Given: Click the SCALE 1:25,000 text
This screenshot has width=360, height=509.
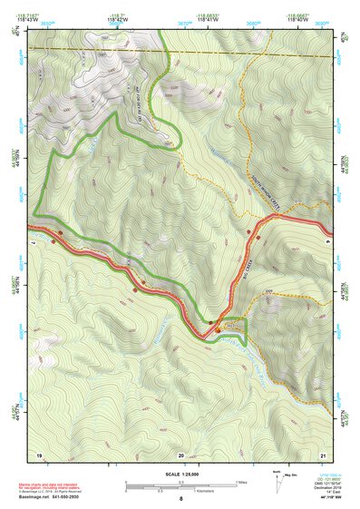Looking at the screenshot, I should (180, 474).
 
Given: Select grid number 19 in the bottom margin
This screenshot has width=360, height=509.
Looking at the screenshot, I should (39, 454).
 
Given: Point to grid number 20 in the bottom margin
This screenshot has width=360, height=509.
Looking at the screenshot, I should (180, 454).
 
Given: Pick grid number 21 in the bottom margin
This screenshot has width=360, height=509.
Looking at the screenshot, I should (323, 454).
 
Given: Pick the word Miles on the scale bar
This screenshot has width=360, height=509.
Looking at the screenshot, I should (241, 482).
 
